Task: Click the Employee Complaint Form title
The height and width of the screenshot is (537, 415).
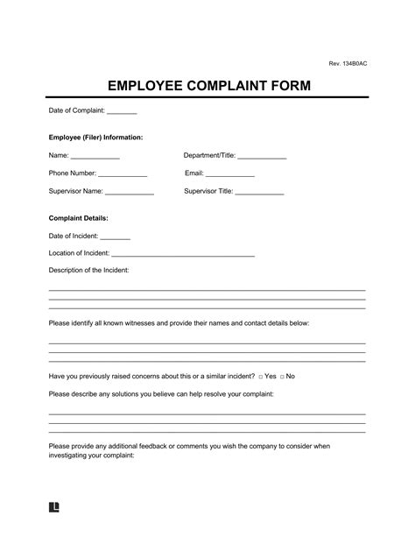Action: (207, 88)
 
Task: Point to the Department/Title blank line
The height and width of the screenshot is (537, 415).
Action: (262, 158)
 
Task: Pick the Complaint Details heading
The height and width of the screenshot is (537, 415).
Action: (78, 217)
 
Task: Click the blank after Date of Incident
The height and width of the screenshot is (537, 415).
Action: (115, 237)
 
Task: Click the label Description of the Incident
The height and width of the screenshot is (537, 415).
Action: (88, 270)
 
